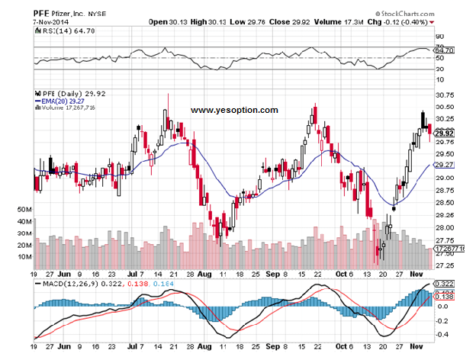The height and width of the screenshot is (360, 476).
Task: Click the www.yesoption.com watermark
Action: pos(234,111)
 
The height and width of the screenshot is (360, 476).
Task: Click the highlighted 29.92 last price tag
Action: pos(445,133)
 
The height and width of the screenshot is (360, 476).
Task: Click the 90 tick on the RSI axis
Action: pos(439,36)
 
